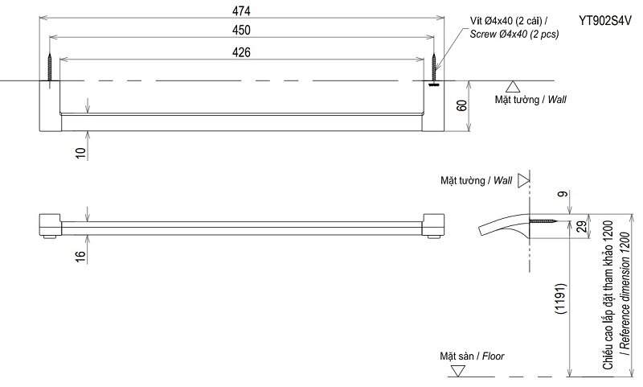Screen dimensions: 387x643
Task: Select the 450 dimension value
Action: (242, 31)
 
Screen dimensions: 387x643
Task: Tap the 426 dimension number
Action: (242, 52)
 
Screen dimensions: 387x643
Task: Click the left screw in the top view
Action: (51, 68)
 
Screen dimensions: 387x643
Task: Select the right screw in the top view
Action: (434, 70)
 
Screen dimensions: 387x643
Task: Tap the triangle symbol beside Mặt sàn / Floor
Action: (458, 371)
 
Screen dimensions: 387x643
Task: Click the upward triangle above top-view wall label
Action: (511, 88)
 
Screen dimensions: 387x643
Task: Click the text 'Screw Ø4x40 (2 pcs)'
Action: (514, 34)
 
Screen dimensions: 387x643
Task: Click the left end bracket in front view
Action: (50, 226)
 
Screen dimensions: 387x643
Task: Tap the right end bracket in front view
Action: (435, 226)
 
